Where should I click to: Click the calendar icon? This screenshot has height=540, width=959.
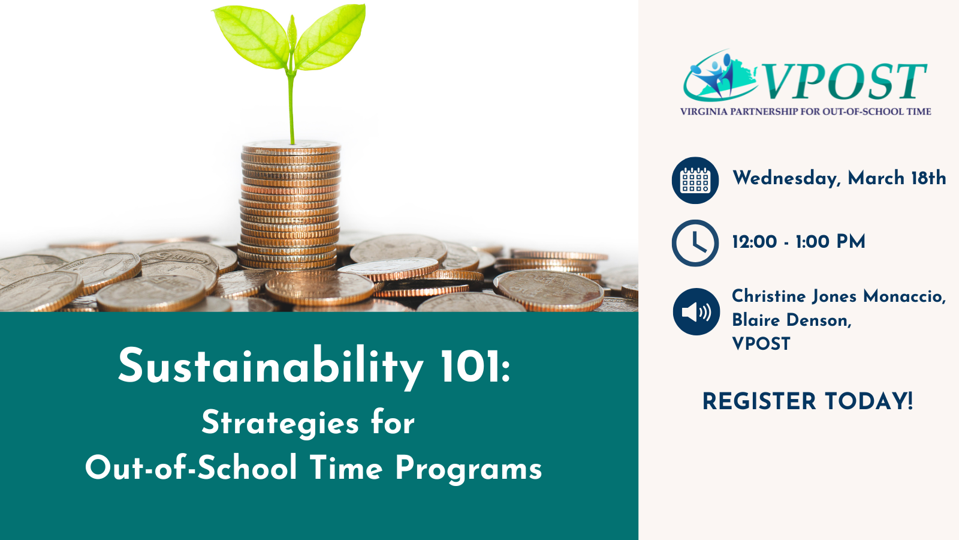point(695,180)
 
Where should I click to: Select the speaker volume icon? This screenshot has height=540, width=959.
point(696,311)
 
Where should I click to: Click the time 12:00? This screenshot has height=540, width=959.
point(755,242)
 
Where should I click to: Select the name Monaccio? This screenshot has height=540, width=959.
point(904,296)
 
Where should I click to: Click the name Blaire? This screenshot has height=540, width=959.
point(756,320)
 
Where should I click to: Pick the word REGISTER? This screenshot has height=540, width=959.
point(759,401)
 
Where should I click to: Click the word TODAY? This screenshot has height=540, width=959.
point(869,401)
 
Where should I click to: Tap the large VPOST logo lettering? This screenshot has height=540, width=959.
point(843,81)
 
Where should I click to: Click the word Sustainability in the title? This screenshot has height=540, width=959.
point(270,367)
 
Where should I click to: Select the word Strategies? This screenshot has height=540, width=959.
point(280,424)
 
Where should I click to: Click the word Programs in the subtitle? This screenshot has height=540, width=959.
point(468,469)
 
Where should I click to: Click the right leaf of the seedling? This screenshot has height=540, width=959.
point(330,37)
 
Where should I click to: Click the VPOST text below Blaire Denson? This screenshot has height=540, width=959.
point(761,344)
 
